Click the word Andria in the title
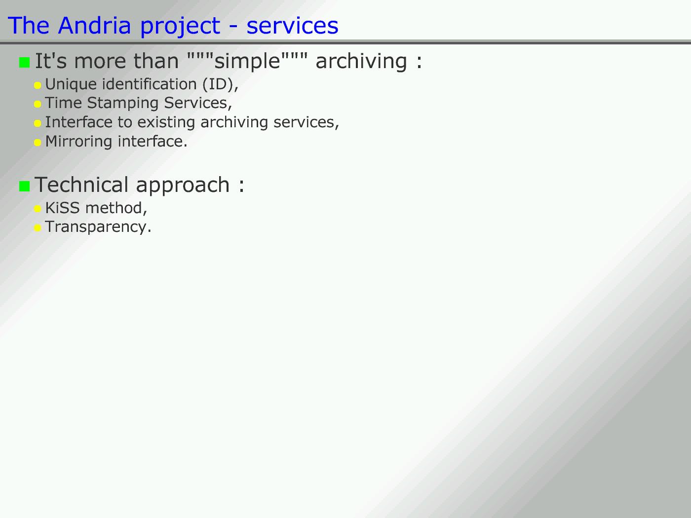tap(94, 26)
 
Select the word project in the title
tap(180, 27)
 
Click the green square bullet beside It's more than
tap(24, 62)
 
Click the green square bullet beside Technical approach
tap(24, 186)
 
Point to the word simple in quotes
tap(247, 61)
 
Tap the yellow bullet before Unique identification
tap(38, 85)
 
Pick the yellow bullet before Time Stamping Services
tap(38, 104)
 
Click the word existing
tap(166, 122)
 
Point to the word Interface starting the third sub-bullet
tap(78, 122)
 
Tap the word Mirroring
tap(78, 142)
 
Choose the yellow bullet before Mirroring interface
tap(38, 143)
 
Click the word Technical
tap(81, 185)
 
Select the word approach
tap(183, 186)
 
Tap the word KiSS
tap(62, 208)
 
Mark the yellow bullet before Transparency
tap(38, 228)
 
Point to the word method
tap(114, 208)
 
